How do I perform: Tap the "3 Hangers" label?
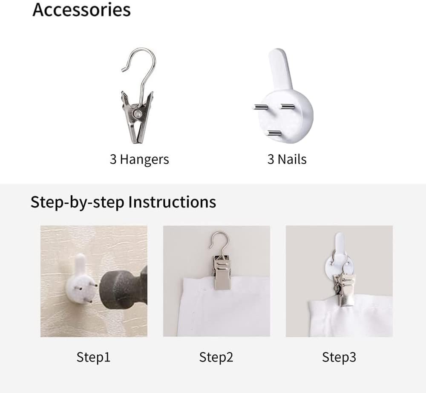(x=139, y=159)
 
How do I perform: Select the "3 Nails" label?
(x=287, y=159)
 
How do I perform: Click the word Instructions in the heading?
(x=172, y=202)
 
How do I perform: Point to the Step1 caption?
(x=93, y=357)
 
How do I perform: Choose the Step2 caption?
(x=216, y=357)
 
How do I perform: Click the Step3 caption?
(x=339, y=357)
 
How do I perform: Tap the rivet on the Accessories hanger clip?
(x=137, y=114)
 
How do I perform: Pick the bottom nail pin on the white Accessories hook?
(x=274, y=133)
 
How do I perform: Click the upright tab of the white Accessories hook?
(x=280, y=68)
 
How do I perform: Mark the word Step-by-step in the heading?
(x=77, y=202)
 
